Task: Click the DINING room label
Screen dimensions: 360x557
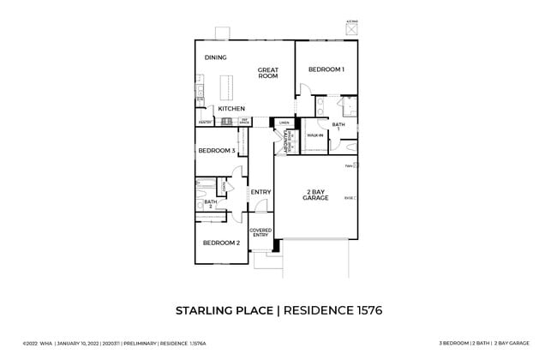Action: [215, 57]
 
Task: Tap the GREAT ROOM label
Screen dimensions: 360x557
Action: [268, 73]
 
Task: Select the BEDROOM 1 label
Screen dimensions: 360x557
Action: [326, 69]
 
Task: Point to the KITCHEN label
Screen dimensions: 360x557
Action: [231, 109]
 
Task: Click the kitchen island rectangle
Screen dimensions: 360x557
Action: [229, 88]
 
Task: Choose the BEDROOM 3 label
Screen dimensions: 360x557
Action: [216, 151]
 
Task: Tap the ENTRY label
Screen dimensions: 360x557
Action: [261, 191]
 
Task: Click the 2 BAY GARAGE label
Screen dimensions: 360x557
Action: [315, 194]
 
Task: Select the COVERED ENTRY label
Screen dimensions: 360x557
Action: [261, 232]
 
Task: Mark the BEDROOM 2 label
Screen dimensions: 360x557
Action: [220, 243]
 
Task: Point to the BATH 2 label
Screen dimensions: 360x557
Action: [209, 203]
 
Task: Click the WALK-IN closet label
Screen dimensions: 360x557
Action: [314, 135]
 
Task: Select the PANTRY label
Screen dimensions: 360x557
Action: [205, 123]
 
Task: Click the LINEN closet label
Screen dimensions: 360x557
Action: [284, 123]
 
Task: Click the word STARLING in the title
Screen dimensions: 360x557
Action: [206, 309]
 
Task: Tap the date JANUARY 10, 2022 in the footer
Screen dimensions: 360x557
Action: [84, 343]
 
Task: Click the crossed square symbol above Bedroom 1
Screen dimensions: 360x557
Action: [350, 29]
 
